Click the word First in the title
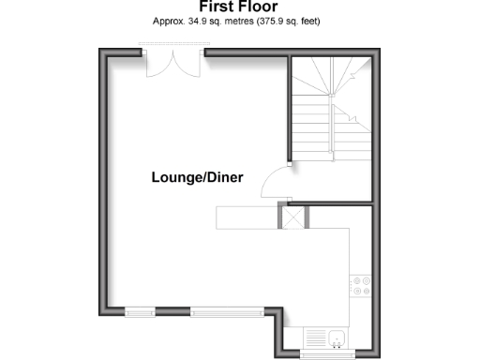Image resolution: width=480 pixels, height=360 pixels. (217, 7)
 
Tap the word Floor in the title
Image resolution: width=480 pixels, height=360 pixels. (258, 7)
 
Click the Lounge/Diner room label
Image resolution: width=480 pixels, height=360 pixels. (198, 176)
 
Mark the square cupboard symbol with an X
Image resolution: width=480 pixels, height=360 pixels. (293, 217)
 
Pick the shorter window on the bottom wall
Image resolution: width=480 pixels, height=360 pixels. (141, 310)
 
